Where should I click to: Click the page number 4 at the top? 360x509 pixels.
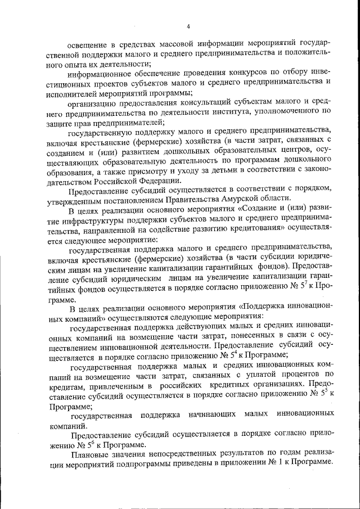(188, 26)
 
